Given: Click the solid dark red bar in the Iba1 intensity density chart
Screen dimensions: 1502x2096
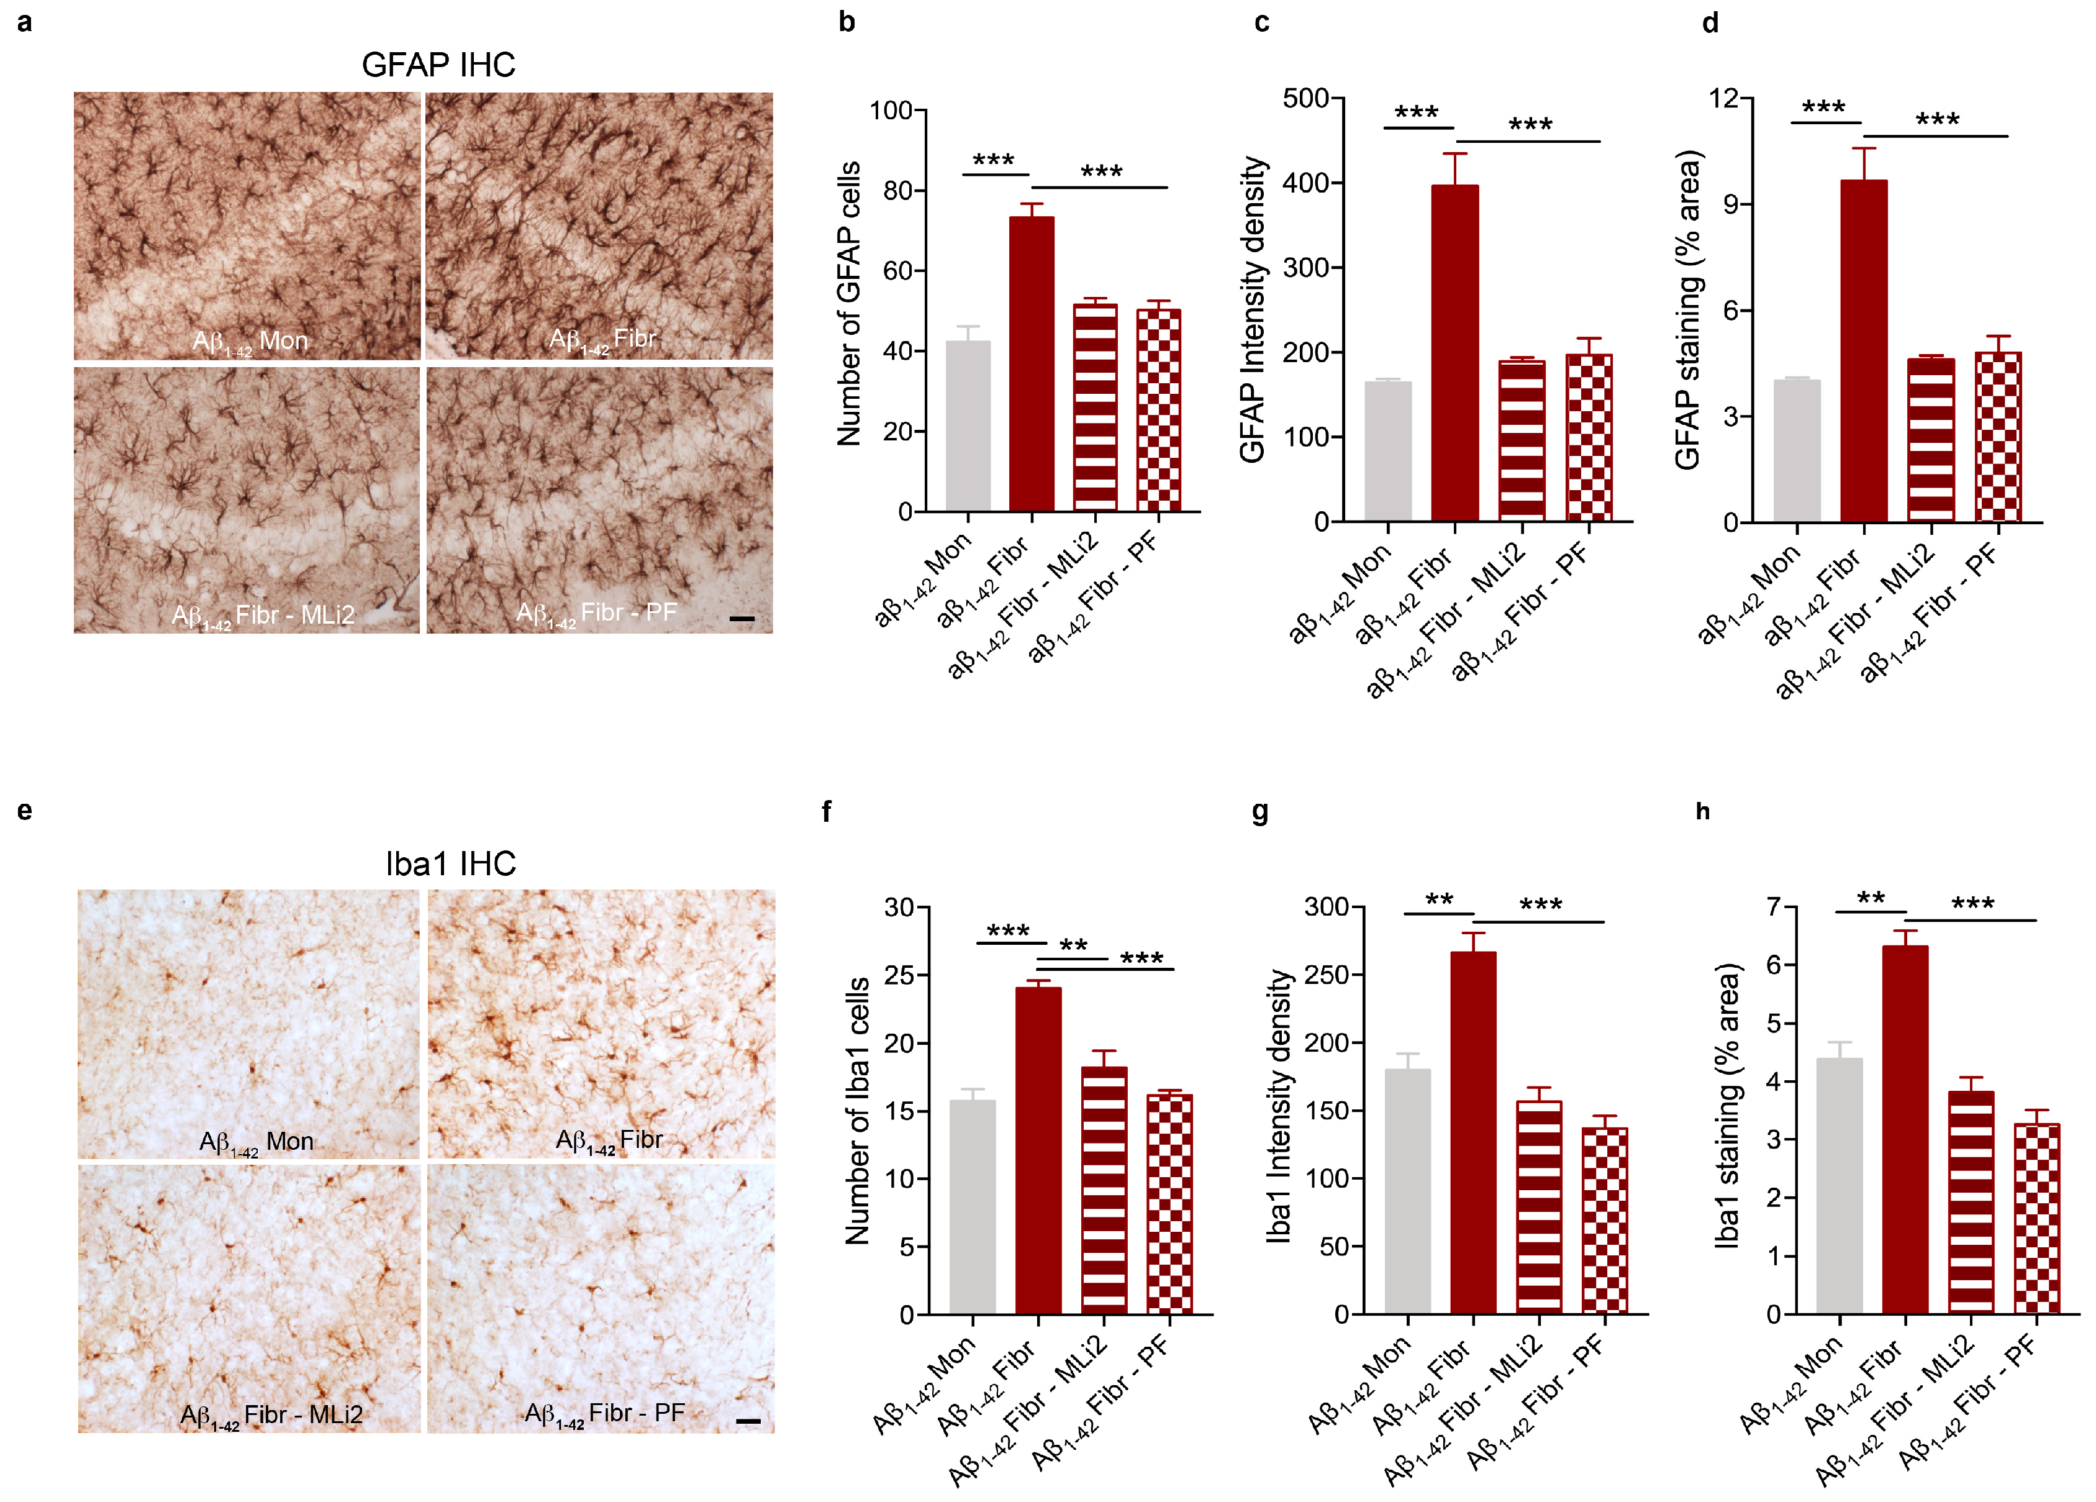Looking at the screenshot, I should click(x=1473, y=1132).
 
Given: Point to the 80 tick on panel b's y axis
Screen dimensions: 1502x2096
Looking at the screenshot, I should click(x=897, y=191).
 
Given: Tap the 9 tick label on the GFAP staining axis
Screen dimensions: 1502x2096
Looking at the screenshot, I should click(x=1732, y=204).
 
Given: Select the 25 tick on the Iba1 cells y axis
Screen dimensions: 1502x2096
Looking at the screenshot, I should click(x=899, y=975).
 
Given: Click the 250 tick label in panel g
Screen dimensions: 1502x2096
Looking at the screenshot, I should click(x=1326, y=974).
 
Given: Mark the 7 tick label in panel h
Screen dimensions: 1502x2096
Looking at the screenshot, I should click(x=1774, y=907).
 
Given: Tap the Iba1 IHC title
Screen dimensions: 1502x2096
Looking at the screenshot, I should click(x=451, y=863).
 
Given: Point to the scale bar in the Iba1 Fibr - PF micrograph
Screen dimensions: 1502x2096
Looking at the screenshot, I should click(x=748, y=1420).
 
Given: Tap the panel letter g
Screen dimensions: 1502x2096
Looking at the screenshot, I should click(x=1259, y=811).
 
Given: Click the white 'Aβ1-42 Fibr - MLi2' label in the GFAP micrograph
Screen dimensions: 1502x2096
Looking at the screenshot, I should click(x=263, y=616).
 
